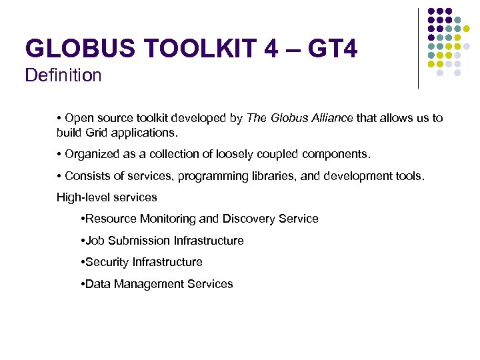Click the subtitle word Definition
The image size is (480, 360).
(x=63, y=75)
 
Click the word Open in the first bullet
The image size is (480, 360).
(x=81, y=118)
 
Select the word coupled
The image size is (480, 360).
(x=278, y=154)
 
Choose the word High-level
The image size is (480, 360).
(x=82, y=197)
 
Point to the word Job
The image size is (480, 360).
(x=95, y=241)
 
